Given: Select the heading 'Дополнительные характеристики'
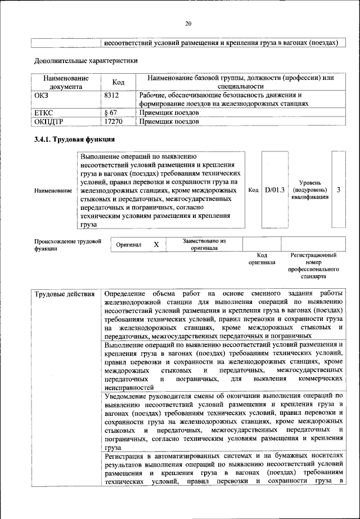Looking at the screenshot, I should coord(85,60).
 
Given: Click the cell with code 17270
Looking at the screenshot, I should coord(114,120).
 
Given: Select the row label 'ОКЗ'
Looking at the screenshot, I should coord(42,95).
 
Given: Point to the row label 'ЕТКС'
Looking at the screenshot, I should coord(44,112).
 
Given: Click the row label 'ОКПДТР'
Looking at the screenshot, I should coord(49,120).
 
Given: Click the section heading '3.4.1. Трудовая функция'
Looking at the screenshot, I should coord(74,139).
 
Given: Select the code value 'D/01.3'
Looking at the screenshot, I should coord(275,190).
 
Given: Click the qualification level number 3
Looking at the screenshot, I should coord(339,190).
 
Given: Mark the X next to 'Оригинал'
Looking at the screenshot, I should coord(156,244).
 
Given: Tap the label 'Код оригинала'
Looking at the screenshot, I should coord(262,259).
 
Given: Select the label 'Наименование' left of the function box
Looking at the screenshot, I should coord(53,191).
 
